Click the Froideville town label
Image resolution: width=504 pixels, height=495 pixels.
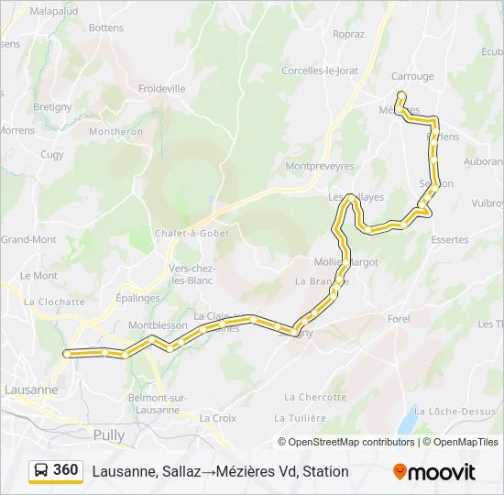click(x=161, y=89)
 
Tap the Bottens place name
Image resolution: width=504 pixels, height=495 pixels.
click(x=106, y=28)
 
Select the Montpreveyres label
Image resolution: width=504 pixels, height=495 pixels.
click(x=320, y=166)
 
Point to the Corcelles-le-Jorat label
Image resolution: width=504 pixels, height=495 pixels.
click(x=320, y=71)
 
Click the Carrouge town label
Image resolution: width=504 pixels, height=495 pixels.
click(x=411, y=77)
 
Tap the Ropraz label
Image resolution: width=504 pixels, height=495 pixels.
click(x=348, y=35)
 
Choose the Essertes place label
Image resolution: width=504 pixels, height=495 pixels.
click(x=449, y=240)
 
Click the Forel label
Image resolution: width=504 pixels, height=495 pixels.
click(x=399, y=319)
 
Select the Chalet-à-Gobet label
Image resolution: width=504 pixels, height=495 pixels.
click(x=192, y=233)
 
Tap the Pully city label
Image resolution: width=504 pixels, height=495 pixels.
click(x=109, y=434)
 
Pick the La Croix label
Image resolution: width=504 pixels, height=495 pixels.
click(x=218, y=418)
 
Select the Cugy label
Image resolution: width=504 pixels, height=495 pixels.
click(x=52, y=155)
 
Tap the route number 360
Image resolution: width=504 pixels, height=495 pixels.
click(x=66, y=470)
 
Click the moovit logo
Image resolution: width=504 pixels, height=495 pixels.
click(x=434, y=472)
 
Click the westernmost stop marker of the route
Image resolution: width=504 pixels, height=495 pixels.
click(x=67, y=353)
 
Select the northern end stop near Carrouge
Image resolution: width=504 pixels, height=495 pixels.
click(x=400, y=94)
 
